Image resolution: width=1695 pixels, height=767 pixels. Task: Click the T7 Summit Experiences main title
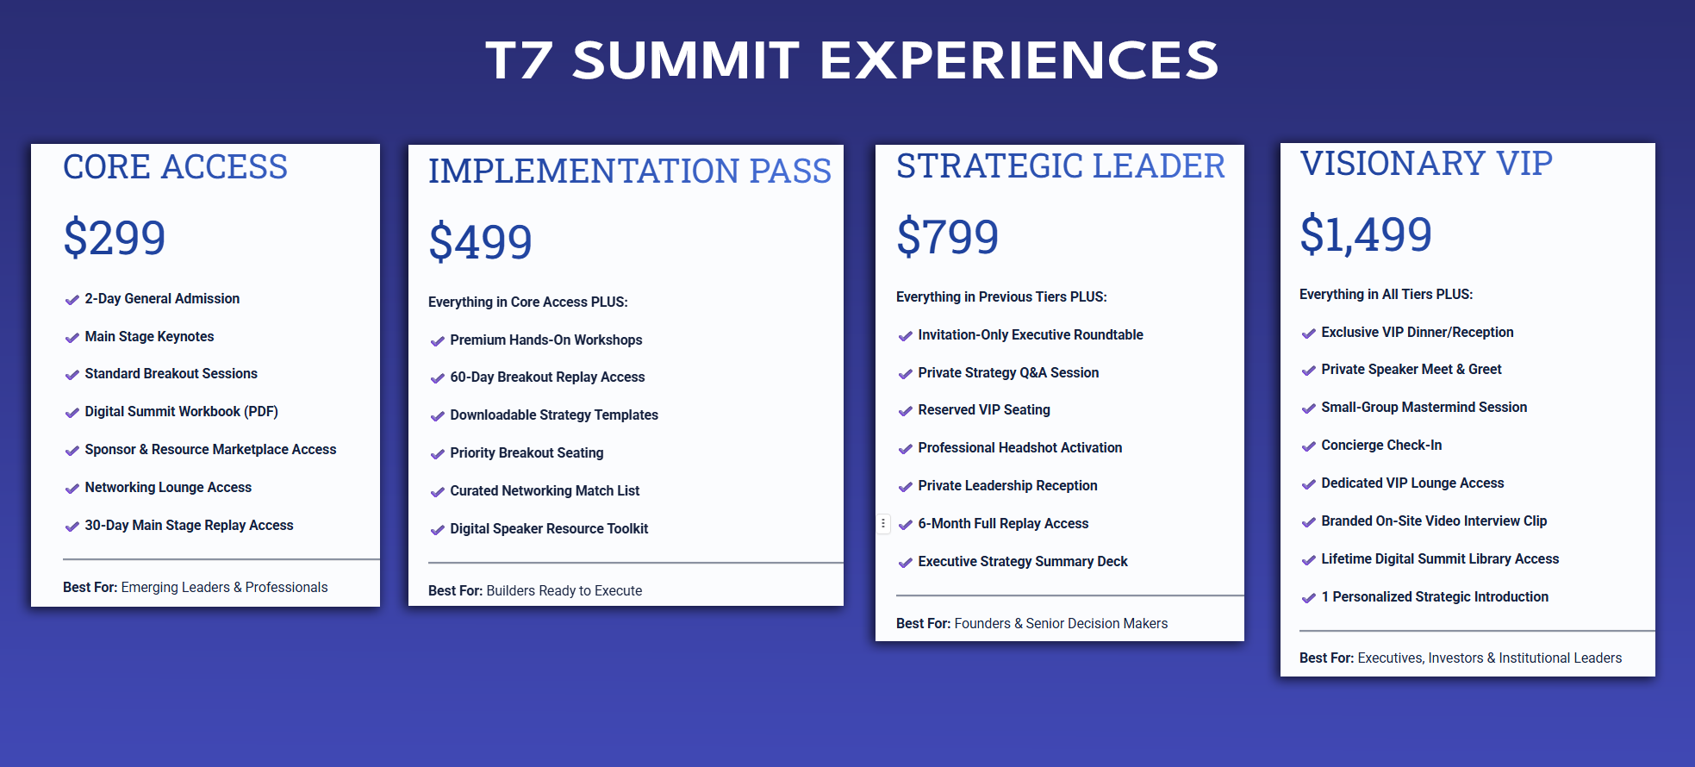click(x=851, y=60)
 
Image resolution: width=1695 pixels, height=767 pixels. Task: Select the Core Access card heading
click(x=175, y=167)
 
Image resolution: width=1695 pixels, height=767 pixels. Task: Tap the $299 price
click(x=115, y=238)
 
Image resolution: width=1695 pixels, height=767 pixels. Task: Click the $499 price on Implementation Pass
click(x=480, y=241)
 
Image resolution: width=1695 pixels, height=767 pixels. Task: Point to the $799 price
click(x=948, y=237)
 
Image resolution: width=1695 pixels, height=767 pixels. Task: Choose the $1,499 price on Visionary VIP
click(x=1366, y=234)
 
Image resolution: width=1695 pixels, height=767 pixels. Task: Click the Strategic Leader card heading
click(x=1060, y=165)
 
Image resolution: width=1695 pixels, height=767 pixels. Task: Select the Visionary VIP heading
click(x=1426, y=163)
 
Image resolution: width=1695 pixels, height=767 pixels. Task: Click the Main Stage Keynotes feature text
click(x=149, y=336)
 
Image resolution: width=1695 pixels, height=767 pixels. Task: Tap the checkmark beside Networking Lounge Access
click(x=72, y=489)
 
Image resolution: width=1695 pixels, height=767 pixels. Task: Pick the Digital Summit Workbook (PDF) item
click(x=181, y=412)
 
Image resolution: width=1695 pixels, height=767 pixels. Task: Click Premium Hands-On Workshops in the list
click(x=545, y=340)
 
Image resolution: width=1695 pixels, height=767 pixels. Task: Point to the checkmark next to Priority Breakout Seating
click(x=438, y=454)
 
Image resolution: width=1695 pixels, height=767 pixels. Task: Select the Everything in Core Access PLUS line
click(x=527, y=302)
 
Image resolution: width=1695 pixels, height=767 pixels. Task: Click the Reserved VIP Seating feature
click(x=984, y=410)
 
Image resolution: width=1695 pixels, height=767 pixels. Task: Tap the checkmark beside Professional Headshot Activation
click(x=906, y=449)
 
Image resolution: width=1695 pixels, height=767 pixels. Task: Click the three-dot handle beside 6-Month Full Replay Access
click(x=883, y=523)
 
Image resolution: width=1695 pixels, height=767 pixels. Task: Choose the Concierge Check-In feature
click(x=1381, y=445)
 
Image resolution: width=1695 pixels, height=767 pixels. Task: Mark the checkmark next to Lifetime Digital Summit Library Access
click(x=1309, y=560)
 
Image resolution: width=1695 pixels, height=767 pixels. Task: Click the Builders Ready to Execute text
click(x=564, y=590)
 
